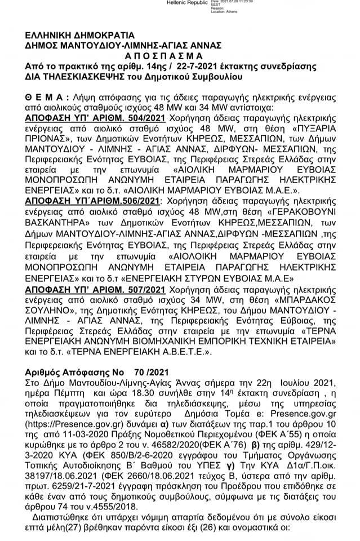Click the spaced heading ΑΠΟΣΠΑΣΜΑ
[162, 56]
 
